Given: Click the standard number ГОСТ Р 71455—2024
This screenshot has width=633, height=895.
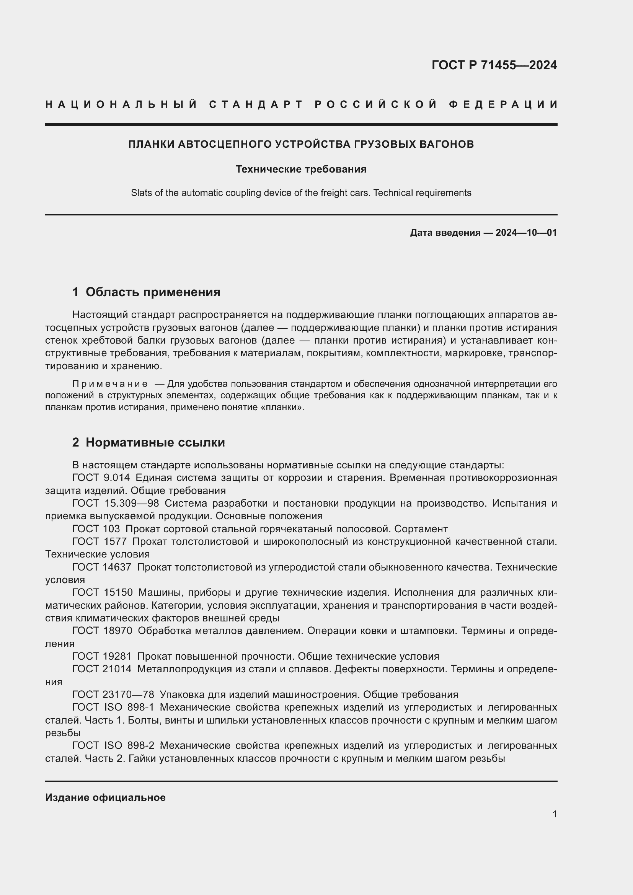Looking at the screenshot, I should point(494,65).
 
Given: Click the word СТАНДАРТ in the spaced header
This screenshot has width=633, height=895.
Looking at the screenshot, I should point(256,104).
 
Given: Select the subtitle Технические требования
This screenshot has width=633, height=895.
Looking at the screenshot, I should point(301,169).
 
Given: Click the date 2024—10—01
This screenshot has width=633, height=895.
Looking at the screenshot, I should point(526,233).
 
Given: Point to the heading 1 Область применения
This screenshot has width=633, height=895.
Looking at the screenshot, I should point(146,292).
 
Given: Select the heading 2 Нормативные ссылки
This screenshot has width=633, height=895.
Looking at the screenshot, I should point(148,442).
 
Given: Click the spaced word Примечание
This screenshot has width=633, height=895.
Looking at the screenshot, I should point(110,384).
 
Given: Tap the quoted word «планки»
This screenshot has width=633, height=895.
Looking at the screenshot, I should point(287,408).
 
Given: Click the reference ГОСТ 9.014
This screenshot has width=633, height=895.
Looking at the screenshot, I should point(101,478).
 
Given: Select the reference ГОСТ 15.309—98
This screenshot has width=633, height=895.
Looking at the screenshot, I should point(115,503).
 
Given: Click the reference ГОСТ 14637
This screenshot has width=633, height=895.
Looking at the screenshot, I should point(102,567).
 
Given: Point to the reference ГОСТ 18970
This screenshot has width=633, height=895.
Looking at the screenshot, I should point(102,631).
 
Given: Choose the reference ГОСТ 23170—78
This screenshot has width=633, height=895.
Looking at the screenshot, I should point(113,694).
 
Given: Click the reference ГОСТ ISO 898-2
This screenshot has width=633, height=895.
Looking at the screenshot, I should point(113,746).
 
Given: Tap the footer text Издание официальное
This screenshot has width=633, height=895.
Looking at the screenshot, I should point(105,797).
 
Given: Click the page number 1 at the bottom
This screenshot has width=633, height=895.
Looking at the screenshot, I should point(554,814).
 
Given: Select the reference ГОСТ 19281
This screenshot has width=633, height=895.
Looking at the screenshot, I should point(102,657).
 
